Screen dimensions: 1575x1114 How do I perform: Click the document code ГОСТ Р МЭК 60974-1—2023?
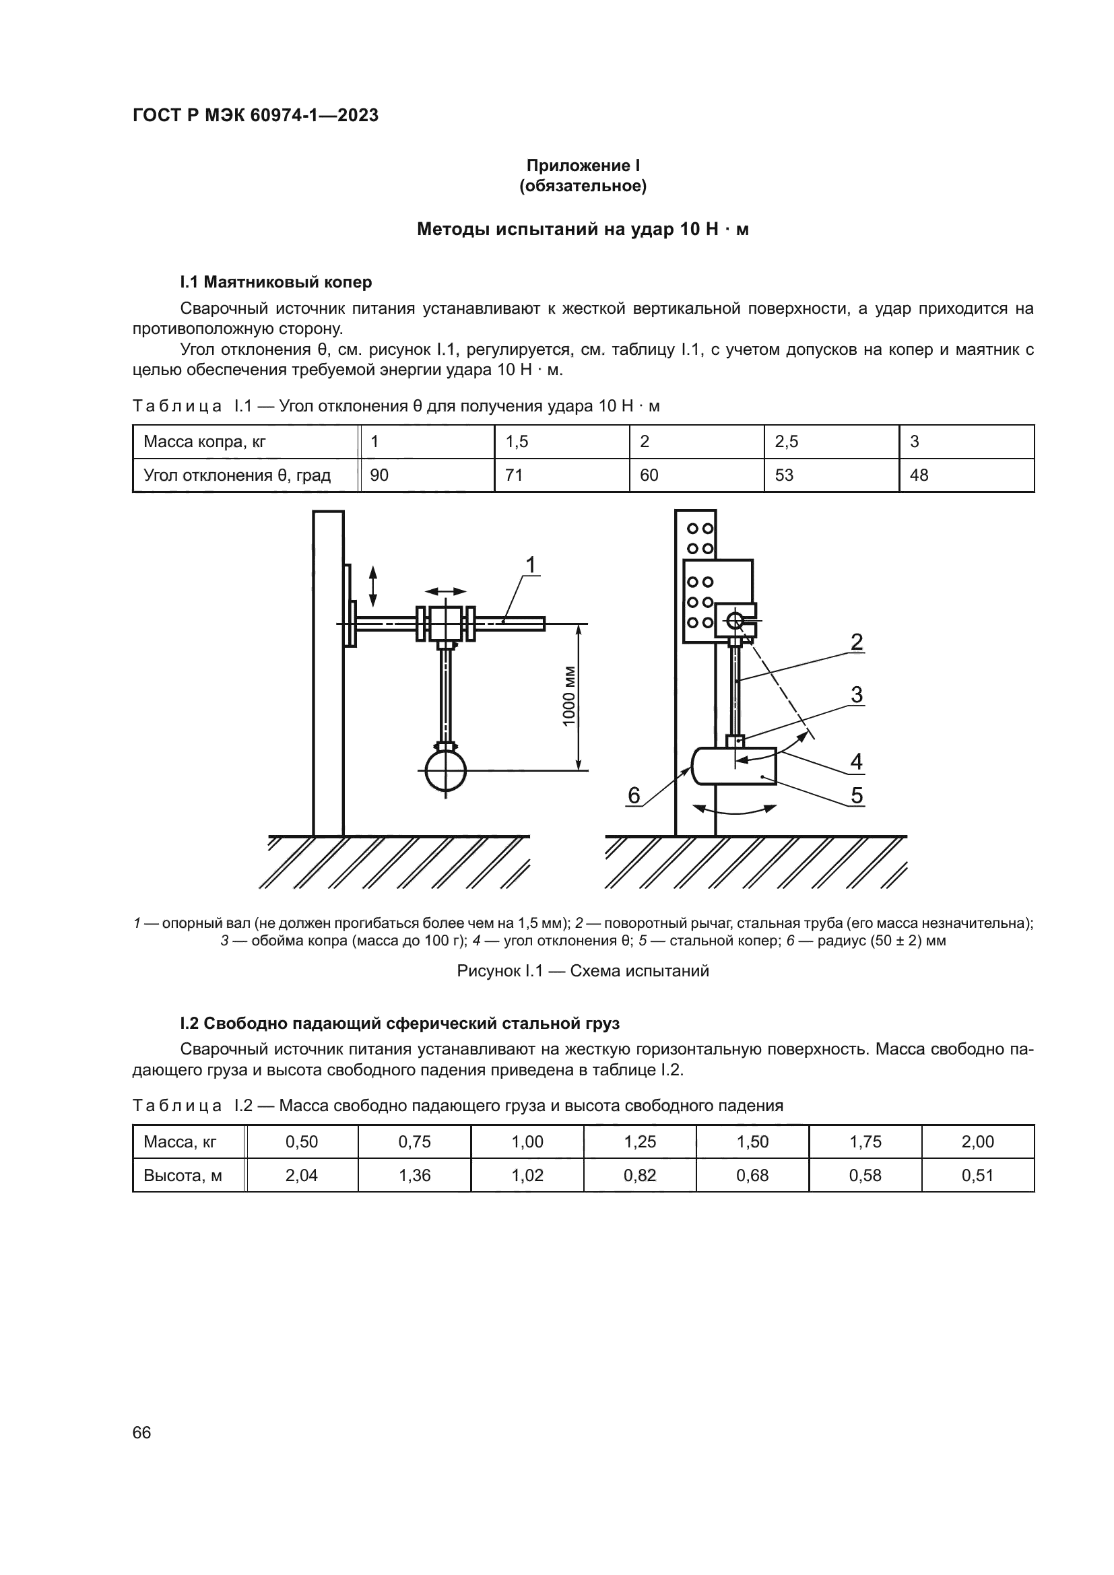(255, 115)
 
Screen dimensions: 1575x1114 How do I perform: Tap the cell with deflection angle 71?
(514, 475)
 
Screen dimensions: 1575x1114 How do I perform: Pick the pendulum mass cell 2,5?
(786, 442)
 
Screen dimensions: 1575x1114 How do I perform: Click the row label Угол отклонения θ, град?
(236, 475)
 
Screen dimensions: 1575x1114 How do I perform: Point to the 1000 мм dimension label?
(568, 696)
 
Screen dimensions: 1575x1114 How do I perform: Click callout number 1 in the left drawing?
(530, 564)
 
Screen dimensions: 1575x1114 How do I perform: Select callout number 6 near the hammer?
(634, 795)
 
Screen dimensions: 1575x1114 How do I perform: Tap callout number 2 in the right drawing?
(856, 642)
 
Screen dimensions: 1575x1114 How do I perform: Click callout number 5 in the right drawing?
(856, 795)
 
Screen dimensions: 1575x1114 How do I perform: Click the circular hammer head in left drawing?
(445, 771)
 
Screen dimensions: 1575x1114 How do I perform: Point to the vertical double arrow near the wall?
(372, 586)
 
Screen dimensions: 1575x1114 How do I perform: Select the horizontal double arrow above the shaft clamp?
(445, 591)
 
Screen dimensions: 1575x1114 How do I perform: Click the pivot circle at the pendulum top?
(735, 621)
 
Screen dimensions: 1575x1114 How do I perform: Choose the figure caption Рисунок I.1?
(583, 971)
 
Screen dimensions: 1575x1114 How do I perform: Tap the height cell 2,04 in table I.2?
(302, 1175)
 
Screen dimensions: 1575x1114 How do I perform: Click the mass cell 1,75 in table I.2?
(865, 1141)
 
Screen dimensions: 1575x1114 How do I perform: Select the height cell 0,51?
(977, 1175)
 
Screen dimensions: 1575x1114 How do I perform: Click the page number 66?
(141, 1432)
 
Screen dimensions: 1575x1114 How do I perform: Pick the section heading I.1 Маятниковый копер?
(275, 282)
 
